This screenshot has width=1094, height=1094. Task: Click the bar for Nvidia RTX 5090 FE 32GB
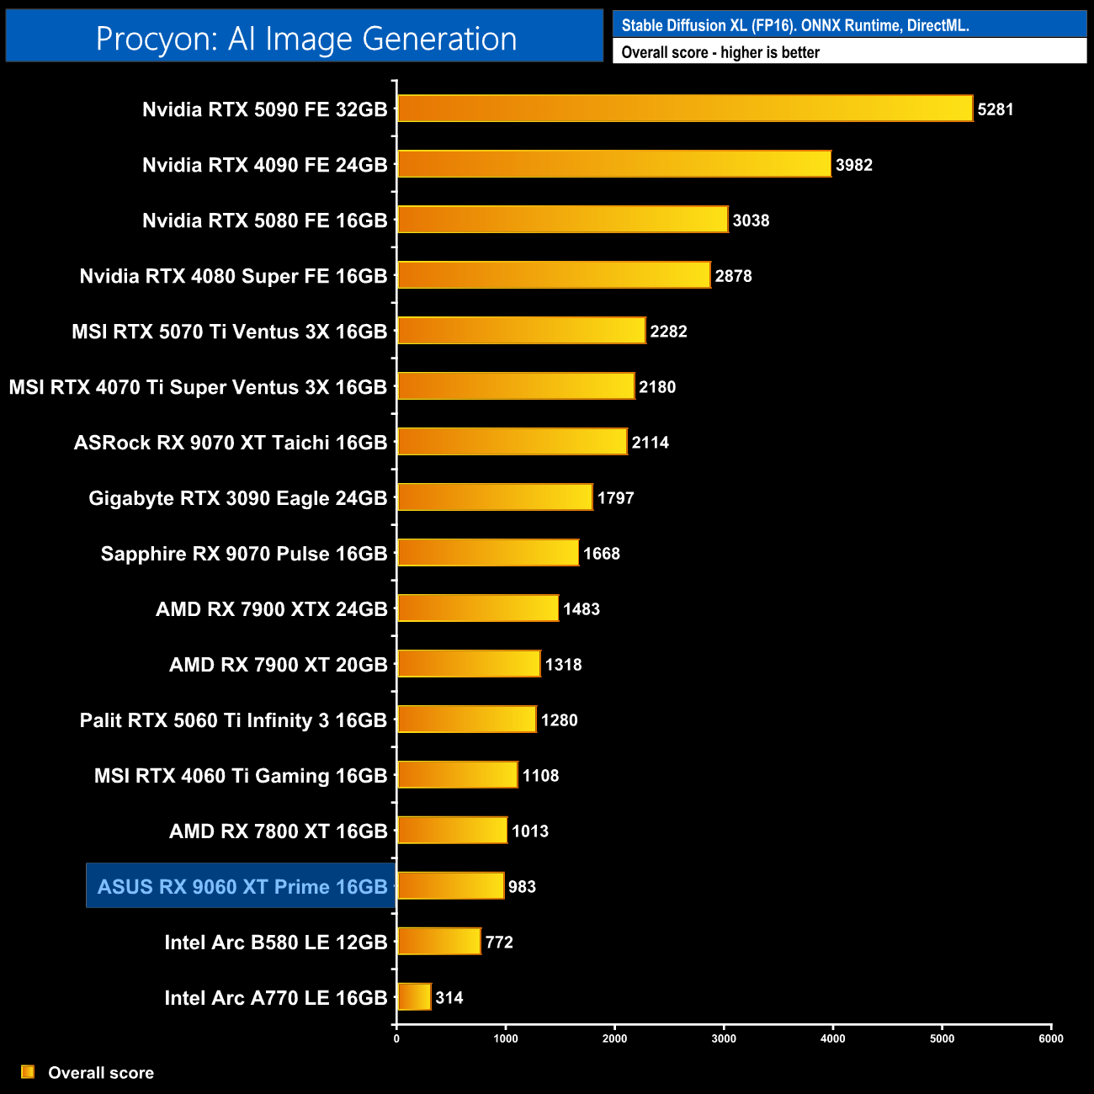pos(684,109)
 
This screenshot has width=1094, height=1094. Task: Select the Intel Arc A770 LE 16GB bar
pos(414,997)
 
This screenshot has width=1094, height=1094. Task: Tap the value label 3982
pos(853,165)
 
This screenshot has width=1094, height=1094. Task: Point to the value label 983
pos(522,887)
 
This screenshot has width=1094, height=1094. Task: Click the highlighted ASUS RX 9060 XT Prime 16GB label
pos(242,886)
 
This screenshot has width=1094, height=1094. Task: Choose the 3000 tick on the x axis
pos(724,1038)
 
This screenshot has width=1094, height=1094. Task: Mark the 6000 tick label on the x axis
pos(1050,1038)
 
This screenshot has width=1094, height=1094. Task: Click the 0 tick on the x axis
pos(396,1038)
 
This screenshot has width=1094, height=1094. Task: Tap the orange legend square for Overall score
pos(28,1071)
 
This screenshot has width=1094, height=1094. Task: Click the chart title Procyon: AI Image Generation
pos(305,39)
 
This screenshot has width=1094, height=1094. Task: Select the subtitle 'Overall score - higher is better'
pos(720,52)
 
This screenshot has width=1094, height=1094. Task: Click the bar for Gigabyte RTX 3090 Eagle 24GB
pos(495,497)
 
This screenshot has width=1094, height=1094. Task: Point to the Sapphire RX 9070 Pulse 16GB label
pos(243,554)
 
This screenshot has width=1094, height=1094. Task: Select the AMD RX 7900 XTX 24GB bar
pos(477,608)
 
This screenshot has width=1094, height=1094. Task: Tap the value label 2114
pos(651,443)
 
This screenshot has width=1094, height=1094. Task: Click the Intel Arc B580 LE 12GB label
pos(275,943)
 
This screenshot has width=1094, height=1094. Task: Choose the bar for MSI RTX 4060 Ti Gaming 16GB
pos(457,775)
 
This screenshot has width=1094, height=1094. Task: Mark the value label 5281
pos(995,109)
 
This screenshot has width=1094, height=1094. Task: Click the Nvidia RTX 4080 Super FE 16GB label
pos(233,276)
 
